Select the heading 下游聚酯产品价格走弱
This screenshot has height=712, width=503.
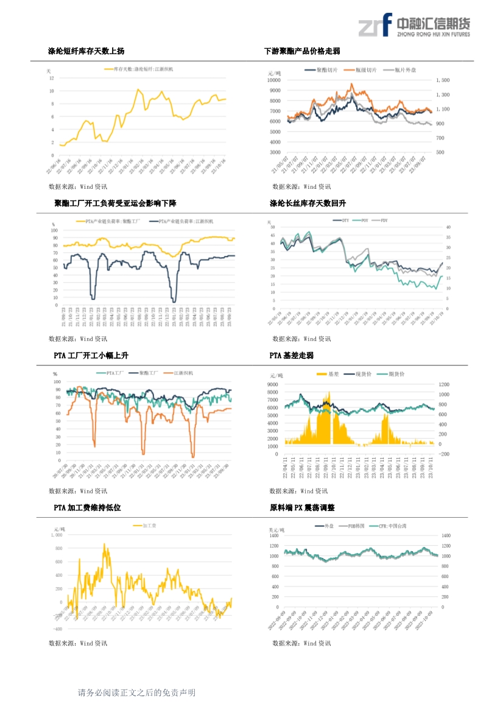(302, 51)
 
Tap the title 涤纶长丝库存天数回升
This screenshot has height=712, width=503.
(308, 203)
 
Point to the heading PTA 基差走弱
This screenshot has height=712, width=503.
(292, 355)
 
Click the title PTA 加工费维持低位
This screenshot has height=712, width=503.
(87, 507)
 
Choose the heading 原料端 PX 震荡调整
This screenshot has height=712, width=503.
(302, 507)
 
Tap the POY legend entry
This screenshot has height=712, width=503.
(363, 220)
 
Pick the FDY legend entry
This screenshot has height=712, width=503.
(382, 220)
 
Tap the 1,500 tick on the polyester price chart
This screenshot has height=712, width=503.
(443, 80)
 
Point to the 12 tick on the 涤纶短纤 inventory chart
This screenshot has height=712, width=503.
(52, 78)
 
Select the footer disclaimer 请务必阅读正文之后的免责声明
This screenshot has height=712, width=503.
(136, 693)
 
